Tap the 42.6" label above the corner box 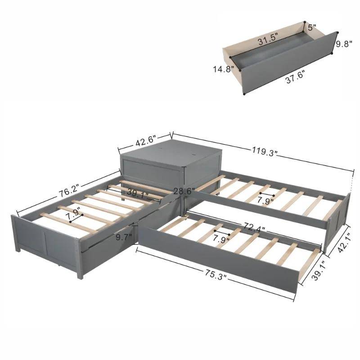point(144,141)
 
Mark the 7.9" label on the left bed point(73,210)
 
